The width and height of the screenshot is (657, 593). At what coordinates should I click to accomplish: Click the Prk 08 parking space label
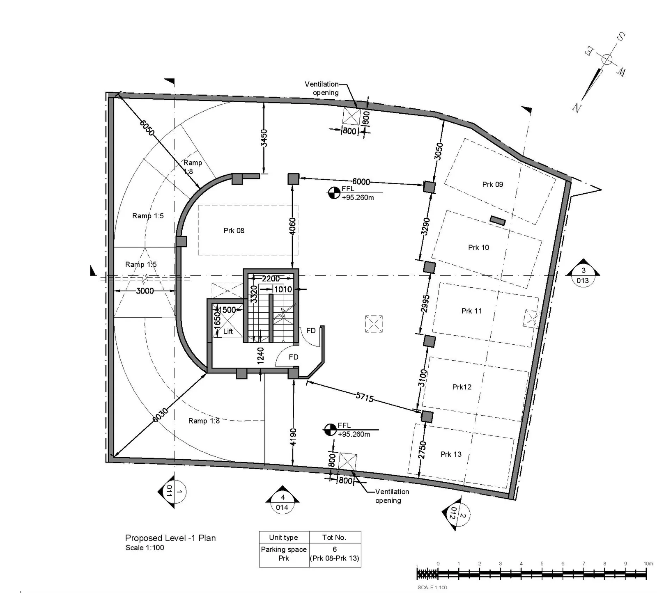(x=234, y=231)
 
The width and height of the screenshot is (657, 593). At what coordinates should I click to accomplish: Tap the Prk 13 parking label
(x=451, y=454)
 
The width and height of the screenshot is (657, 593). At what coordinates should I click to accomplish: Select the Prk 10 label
(x=478, y=247)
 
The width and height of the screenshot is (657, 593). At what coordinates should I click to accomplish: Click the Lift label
(x=228, y=331)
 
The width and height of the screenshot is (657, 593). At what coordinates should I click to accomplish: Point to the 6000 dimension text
(x=361, y=181)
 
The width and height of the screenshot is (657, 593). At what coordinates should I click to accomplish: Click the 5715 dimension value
(x=365, y=397)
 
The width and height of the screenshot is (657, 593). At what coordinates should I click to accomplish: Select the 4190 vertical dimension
(x=293, y=437)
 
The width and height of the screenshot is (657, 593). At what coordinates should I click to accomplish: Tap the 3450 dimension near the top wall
(x=264, y=138)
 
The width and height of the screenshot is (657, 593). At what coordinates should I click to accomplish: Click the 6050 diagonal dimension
(x=147, y=128)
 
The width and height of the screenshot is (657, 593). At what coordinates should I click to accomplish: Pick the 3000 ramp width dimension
(x=145, y=291)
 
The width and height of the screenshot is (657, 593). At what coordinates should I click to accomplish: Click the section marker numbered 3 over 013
(x=583, y=273)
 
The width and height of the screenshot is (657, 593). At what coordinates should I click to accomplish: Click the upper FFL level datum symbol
(x=334, y=192)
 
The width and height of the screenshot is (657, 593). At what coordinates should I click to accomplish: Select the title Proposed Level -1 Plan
(x=170, y=538)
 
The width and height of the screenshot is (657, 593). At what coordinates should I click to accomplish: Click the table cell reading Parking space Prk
(x=284, y=554)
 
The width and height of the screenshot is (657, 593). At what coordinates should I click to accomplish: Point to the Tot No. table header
(x=334, y=537)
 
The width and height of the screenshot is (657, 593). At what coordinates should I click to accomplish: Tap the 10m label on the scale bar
(x=648, y=563)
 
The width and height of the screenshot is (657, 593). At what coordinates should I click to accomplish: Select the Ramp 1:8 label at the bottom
(x=204, y=421)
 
